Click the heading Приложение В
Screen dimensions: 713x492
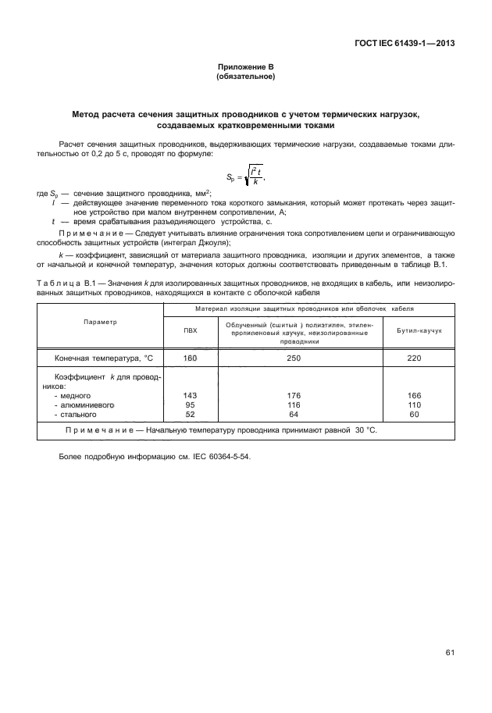point(246,69)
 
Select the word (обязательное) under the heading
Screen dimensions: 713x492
point(246,78)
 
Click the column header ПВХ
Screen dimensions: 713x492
point(190,330)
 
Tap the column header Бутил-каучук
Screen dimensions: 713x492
point(419,330)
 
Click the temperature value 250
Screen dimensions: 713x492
point(294,358)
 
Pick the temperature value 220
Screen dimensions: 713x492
point(419,358)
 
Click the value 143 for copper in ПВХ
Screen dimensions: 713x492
point(190,396)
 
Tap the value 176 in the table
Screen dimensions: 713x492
point(294,396)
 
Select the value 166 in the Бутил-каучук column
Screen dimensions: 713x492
point(419,396)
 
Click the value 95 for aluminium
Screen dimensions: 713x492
point(190,405)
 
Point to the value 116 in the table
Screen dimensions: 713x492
point(294,405)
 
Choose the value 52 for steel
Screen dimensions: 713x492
point(190,415)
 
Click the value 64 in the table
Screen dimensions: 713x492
point(294,415)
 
